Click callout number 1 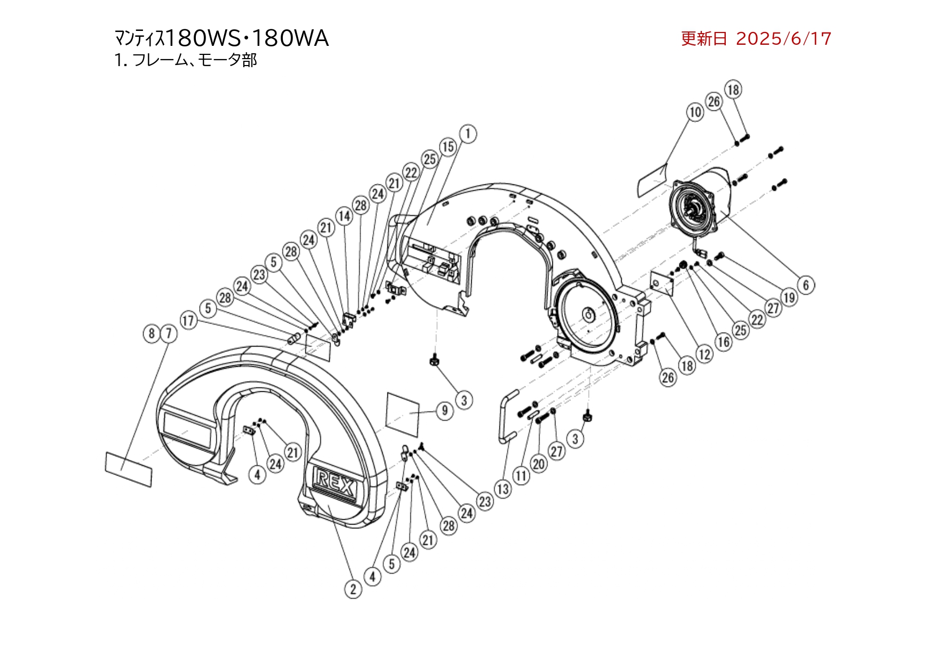(x=468, y=133)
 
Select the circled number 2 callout (x=353, y=589)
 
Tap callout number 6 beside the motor (x=806, y=285)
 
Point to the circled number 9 (x=445, y=410)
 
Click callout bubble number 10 (x=695, y=112)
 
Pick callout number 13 (x=503, y=489)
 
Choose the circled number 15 (x=448, y=147)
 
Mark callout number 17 (x=188, y=320)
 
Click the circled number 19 (x=789, y=297)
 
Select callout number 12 (x=705, y=353)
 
